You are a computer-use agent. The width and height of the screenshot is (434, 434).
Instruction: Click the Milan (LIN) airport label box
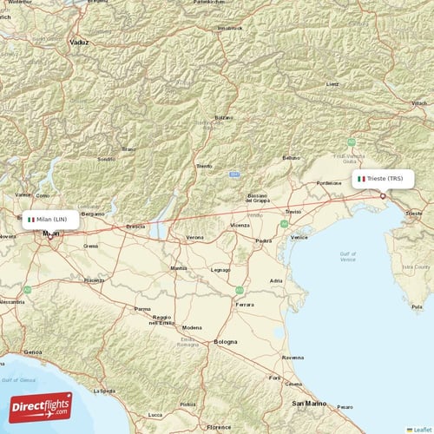[51, 220]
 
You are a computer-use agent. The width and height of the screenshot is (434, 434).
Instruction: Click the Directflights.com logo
[42, 406]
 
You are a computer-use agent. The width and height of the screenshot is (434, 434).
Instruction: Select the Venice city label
[299, 237]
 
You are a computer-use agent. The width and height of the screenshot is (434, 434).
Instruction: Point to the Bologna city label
[226, 341]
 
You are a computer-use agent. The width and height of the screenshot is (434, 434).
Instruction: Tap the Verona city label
[195, 237]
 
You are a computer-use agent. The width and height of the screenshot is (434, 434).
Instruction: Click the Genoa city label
[33, 352]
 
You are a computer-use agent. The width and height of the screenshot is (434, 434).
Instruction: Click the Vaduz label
[80, 41]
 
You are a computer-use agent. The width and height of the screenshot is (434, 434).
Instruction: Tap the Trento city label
[204, 165]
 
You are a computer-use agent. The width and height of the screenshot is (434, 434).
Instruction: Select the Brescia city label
[135, 227]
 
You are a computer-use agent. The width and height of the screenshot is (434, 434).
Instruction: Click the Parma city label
[142, 308]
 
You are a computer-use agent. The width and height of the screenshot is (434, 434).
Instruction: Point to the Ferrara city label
[247, 304]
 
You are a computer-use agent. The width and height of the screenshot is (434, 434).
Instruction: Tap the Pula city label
[417, 307]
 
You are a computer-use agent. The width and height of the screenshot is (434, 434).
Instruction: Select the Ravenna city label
[293, 357]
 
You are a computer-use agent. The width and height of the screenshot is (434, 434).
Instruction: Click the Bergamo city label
[92, 213]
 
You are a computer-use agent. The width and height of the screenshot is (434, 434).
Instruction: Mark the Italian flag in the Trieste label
[361, 179]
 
